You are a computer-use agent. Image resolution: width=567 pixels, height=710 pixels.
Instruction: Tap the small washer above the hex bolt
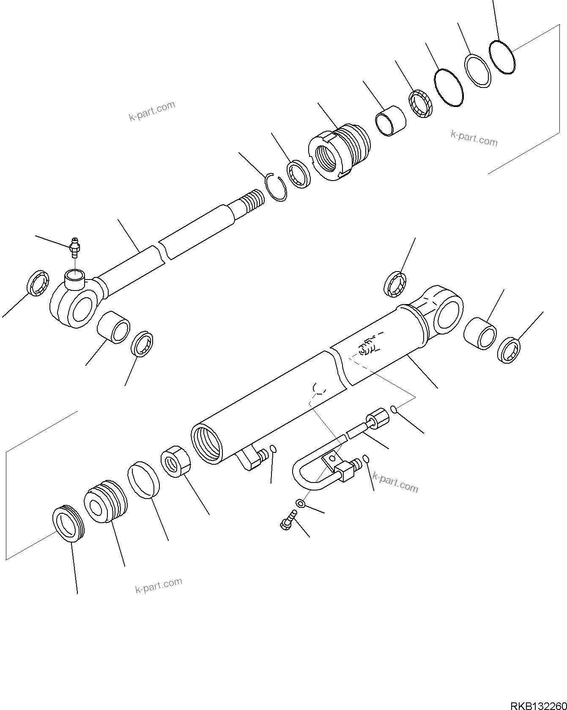coord(300,503)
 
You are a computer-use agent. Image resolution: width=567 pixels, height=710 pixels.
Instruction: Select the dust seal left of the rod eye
coord(38,282)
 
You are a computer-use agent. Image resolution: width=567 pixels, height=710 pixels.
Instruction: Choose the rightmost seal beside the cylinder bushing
coord(509,350)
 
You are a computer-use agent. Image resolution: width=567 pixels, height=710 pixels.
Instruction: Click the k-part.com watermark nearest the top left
coord(152,111)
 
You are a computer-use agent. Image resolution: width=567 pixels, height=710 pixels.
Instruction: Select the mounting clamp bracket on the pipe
coord(331,459)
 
